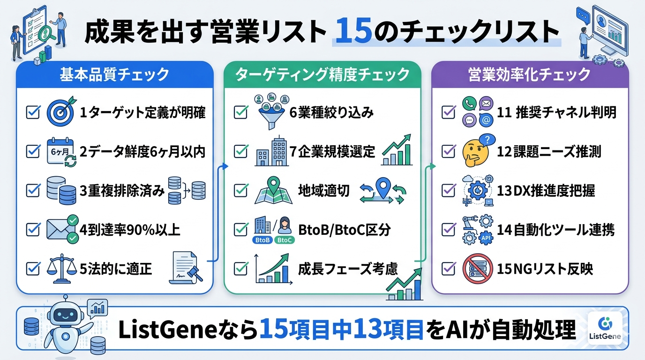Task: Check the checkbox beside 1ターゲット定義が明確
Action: point(33,112)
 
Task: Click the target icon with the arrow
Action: point(61,113)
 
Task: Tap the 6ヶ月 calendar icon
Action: point(61,152)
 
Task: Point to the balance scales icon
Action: point(61,269)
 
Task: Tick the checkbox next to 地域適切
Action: point(240,191)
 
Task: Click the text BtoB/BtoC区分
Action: point(345,230)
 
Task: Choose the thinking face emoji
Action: point(476,151)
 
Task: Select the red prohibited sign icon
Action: point(476,269)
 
